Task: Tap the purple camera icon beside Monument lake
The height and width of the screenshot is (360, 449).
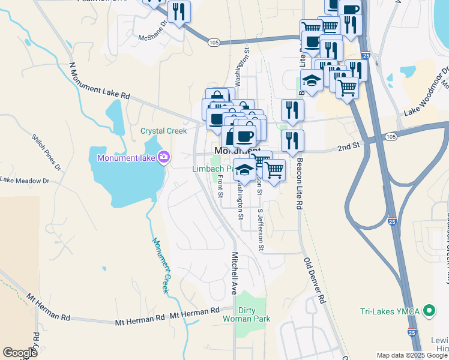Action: pos(164,158)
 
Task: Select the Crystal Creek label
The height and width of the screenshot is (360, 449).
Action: pos(163,131)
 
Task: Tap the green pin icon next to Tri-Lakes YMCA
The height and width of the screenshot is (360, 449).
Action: pos(429,311)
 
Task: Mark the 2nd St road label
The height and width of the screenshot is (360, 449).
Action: pos(348,146)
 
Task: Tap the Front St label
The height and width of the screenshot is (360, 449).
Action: pos(220,184)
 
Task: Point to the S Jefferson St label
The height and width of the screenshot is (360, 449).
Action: pos(261,230)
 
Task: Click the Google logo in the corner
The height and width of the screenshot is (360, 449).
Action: pos(20,353)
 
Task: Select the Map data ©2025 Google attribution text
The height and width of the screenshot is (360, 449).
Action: pos(412,355)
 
